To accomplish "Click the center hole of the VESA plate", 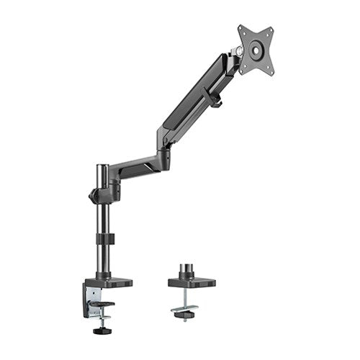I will pos(256,50).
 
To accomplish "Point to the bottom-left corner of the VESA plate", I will pos(240,71).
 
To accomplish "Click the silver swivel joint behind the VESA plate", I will pos(235,52).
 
